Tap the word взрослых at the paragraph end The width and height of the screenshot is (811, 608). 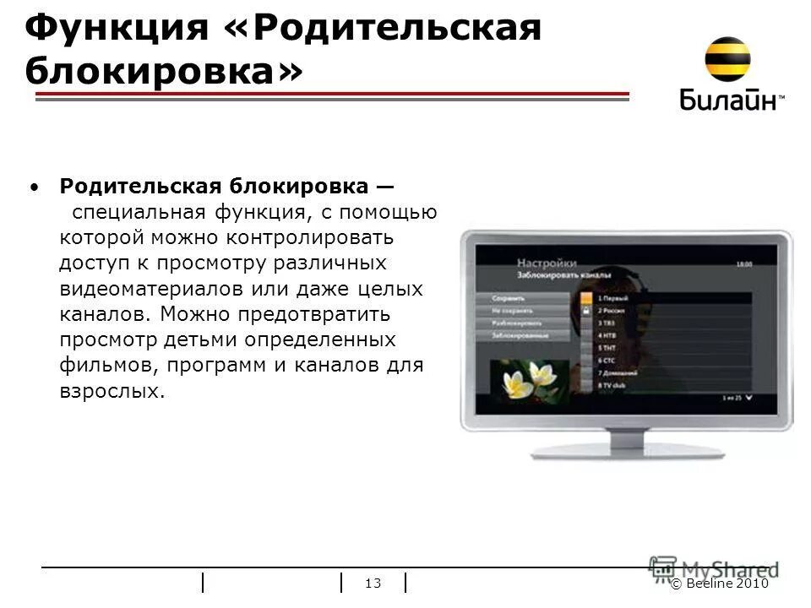pos(109,393)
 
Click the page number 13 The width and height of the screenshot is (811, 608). pos(373,583)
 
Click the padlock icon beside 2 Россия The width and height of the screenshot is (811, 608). pos(585,311)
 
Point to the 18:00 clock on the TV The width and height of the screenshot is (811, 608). pos(743,264)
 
